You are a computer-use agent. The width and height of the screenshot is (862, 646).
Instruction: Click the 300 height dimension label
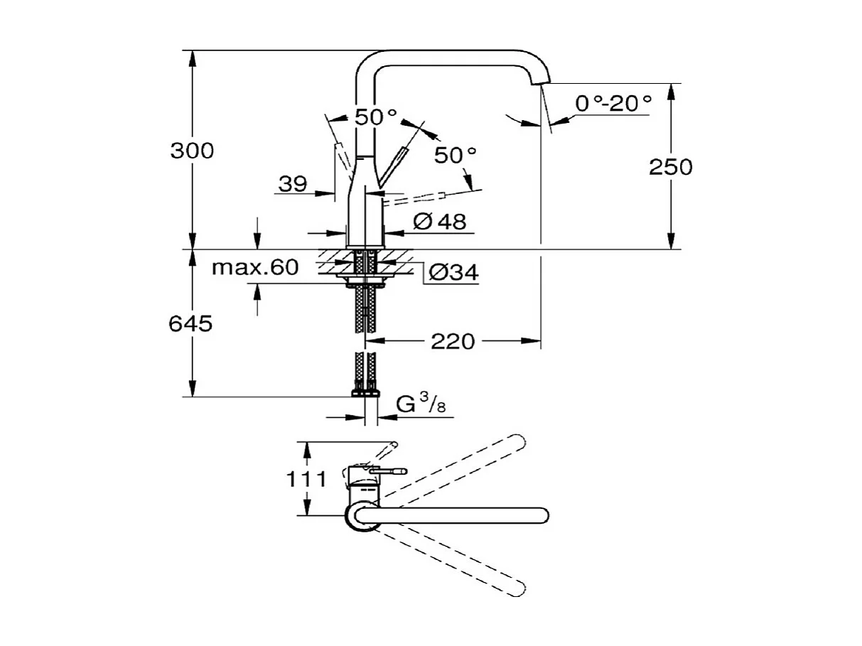pyautogui.click(x=192, y=151)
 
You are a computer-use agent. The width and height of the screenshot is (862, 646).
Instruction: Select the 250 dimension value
pyautogui.click(x=670, y=167)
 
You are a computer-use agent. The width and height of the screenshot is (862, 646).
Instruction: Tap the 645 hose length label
pyautogui.click(x=190, y=324)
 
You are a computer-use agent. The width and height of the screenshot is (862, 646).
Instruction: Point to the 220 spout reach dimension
pyautogui.click(x=452, y=342)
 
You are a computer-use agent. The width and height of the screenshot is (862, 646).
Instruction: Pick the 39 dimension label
pyautogui.click(x=292, y=185)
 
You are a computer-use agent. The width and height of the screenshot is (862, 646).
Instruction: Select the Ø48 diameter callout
pyautogui.click(x=439, y=222)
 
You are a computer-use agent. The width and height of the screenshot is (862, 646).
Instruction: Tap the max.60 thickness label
pyautogui.click(x=255, y=268)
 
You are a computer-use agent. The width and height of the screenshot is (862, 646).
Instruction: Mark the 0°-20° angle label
pyautogui.click(x=613, y=104)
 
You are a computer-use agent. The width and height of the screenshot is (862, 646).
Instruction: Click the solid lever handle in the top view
pyautogui.click(x=387, y=470)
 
